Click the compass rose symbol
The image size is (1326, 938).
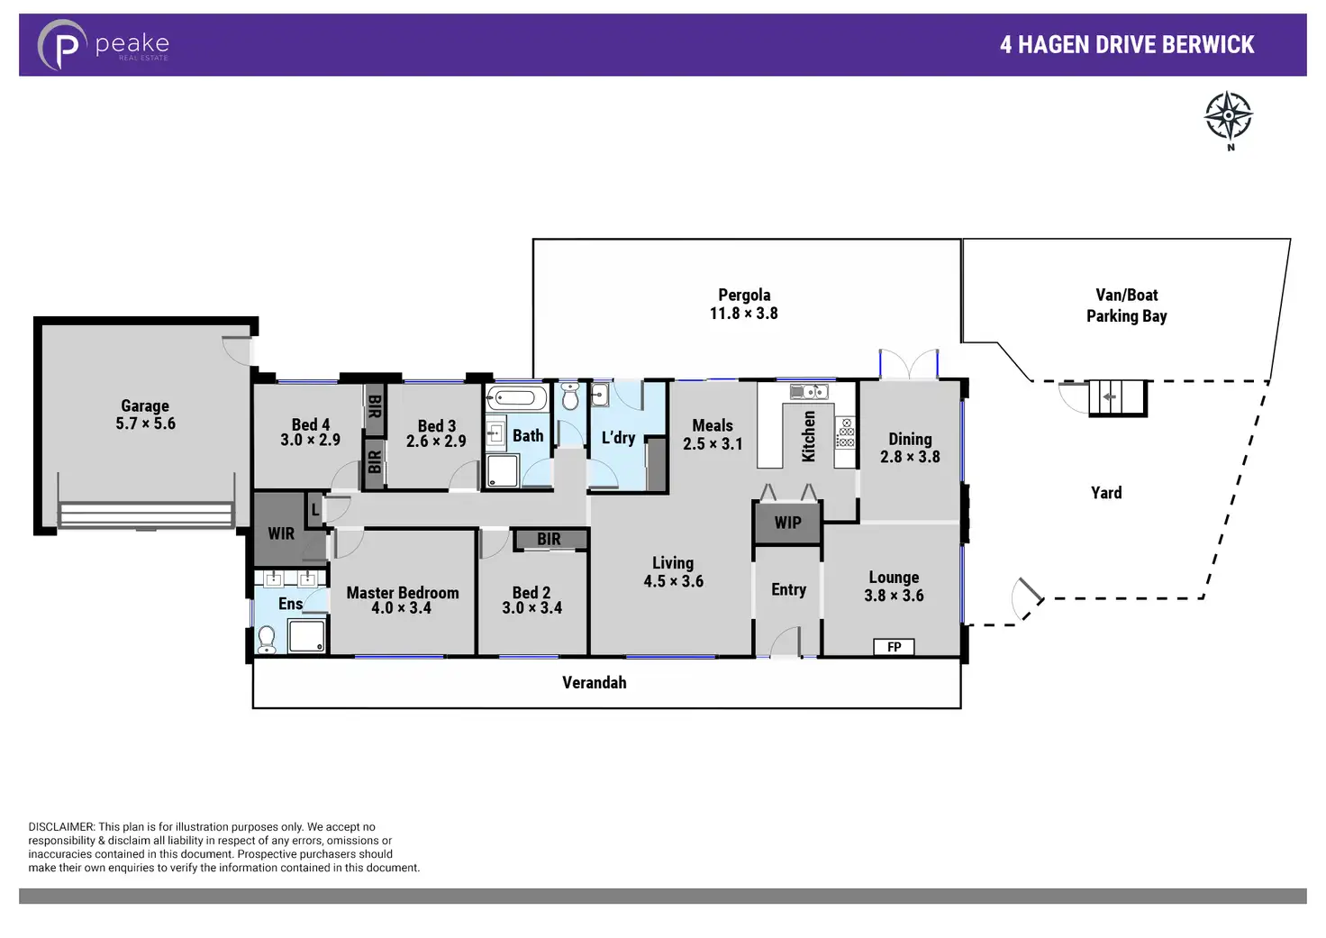(1229, 116)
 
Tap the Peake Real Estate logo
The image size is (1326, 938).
(103, 45)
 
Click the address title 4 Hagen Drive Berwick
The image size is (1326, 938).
(1126, 45)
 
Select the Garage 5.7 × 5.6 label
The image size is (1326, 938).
(145, 414)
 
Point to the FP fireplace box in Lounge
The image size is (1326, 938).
(894, 646)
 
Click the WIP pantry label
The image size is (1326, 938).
(787, 523)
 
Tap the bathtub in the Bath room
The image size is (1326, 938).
(517, 398)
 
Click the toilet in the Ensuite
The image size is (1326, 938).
(267, 638)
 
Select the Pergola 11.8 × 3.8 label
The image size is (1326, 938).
(743, 304)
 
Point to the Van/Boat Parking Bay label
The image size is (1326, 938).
(1126, 305)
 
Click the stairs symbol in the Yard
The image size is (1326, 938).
(1117, 396)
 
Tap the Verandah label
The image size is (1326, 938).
(594, 682)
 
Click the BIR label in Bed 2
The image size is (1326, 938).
(549, 539)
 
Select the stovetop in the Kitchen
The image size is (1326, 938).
(845, 433)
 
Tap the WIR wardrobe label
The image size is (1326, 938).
(281, 533)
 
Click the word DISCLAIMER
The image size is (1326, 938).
(61, 826)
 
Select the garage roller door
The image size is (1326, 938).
(146, 515)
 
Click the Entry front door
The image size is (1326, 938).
(786, 642)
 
